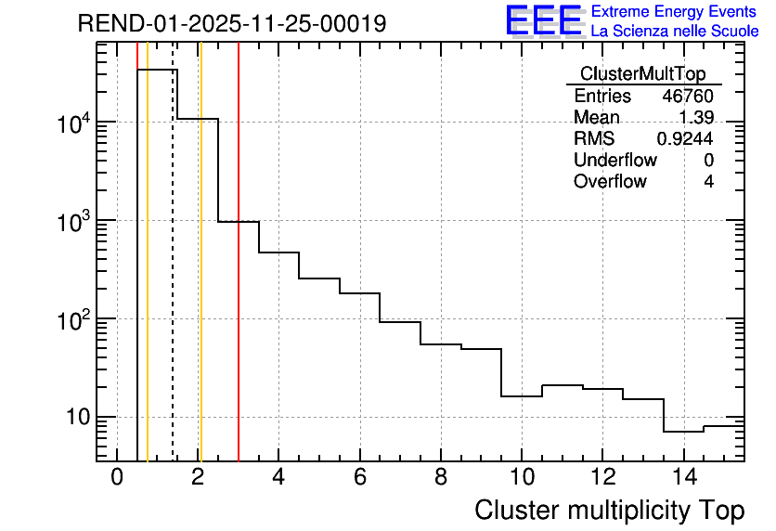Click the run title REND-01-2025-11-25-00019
pos(232,23)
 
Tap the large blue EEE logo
pos(544,20)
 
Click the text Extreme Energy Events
pos(674,12)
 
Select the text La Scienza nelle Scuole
pos(674,32)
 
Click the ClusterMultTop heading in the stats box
pos(642,74)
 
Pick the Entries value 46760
pos(688,97)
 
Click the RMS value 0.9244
pos(685,139)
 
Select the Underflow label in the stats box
pos(614,161)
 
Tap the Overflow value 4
pos(708,182)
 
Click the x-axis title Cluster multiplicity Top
pos(610,511)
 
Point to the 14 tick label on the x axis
pos(683,478)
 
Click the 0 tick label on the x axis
pos(117,478)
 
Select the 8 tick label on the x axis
pos(440,478)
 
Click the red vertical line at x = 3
pos(239,278)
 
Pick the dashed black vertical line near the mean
pos(173,278)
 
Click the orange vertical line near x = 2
pos(200,278)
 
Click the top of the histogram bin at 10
pos(522,396)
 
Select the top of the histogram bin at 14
pos(683,432)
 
